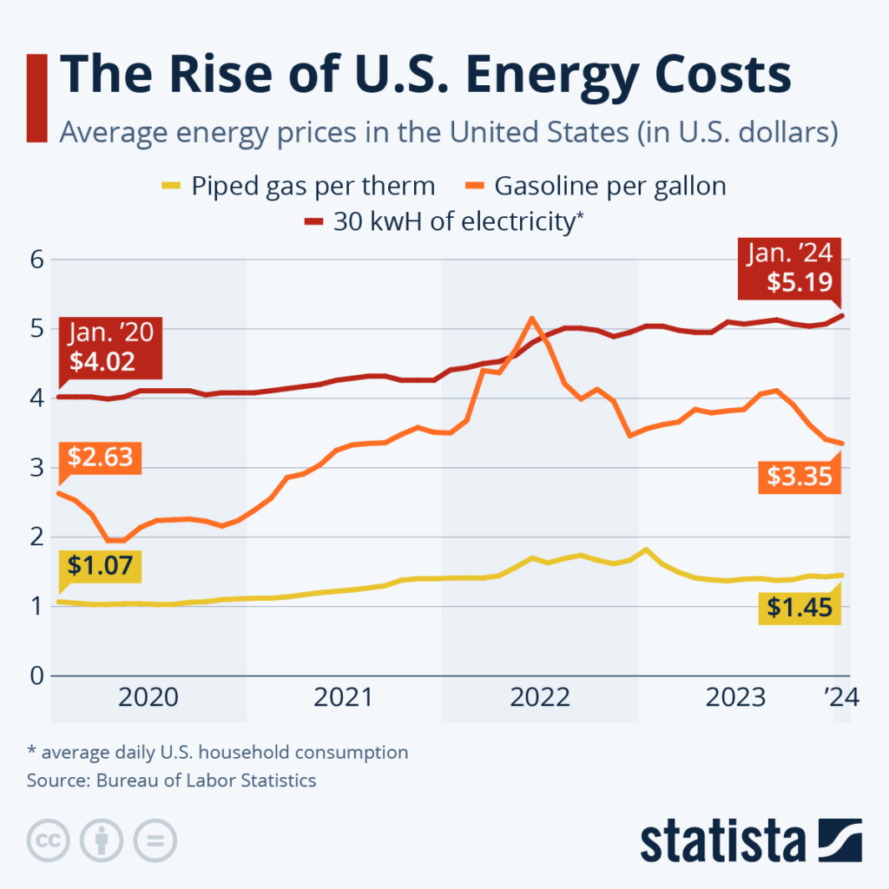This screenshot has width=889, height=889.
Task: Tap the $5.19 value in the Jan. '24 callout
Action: click(800, 282)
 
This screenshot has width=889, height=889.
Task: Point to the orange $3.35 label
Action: click(800, 477)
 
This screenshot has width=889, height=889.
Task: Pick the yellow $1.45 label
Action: click(800, 608)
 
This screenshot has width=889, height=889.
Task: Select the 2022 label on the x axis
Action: click(539, 698)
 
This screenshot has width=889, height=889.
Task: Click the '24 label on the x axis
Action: click(840, 698)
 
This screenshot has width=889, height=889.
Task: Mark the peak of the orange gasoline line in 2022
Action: click(532, 319)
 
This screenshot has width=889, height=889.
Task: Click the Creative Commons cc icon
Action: click(48, 840)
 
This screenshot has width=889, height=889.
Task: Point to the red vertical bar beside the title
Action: click(36, 97)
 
